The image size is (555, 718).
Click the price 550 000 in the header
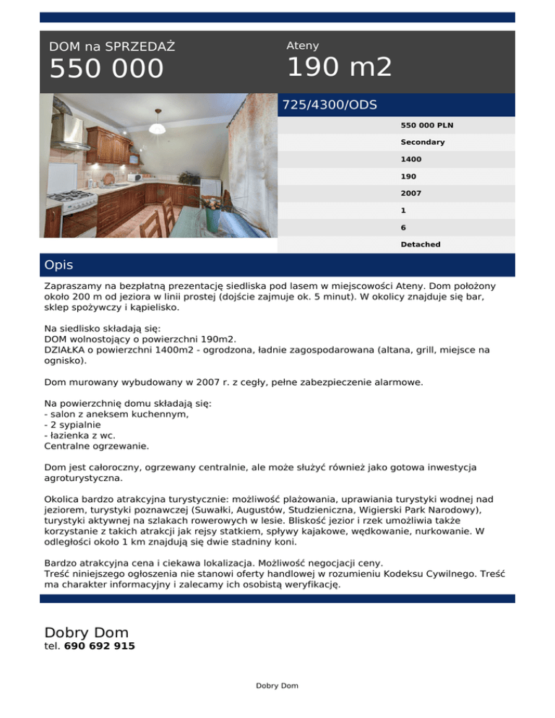pyautogui.click(x=107, y=69)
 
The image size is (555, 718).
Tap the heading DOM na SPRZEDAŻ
pyautogui.click(x=112, y=47)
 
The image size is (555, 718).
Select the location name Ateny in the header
pyautogui.click(x=303, y=46)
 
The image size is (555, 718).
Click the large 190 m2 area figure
pyautogui.click(x=340, y=67)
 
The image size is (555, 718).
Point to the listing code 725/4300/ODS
pyautogui.click(x=330, y=105)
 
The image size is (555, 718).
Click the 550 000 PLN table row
pyautogui.click(x=423, y=125)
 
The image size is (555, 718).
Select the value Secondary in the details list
pyautogui.click(x=423, y=142)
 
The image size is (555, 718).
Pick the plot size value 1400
pyautogui.click(x=411, y=159)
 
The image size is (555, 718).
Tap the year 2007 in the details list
pyautogui.click(x=411, y=194)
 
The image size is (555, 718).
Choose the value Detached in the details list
pyautogui.click(x=421, y=244)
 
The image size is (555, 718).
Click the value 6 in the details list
pyautogui.click(x=403, y=228)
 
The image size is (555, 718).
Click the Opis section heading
pyautogui.click(x=59, y=265)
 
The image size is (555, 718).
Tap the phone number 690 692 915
pyautogui.click(x=99, y=646)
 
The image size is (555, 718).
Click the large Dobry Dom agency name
pyautogui.click(x=86, y=633)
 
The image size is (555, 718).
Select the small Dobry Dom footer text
pyautogui.click(x=277, y=685)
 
